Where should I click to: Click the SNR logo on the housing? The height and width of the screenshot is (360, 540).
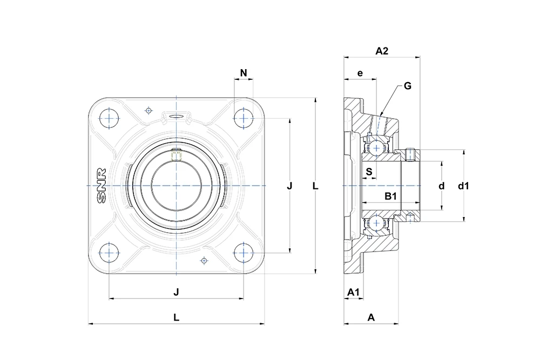[102, 186]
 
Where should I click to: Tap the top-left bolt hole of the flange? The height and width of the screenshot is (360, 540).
[109, 118]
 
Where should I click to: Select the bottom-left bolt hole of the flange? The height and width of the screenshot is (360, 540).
[109, 253]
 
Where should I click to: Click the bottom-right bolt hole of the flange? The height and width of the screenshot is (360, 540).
[244, 253]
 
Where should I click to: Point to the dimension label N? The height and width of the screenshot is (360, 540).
[244, 73]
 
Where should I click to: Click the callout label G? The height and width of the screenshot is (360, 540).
[407, 86]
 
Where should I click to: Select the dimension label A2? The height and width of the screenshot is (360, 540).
[382, 51]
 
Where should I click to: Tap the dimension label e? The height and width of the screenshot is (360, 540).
[360, 73]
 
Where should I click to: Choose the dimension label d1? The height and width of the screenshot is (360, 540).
[463, 186]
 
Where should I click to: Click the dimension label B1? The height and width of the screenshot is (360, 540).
[390, 196]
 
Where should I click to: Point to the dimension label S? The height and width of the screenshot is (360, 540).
[369, 172]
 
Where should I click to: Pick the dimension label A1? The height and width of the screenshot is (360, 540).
[353, 292]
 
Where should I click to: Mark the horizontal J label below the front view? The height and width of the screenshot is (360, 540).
[177, 292]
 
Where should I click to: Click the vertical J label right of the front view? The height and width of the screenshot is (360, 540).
[289, 186]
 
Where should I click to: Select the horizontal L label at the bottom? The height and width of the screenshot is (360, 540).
[177, 317]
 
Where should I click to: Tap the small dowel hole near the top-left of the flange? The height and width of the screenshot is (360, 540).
[149, 111]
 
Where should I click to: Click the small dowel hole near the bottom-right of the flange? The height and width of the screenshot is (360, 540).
[204, 261]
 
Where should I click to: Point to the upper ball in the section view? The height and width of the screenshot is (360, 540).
[376, 148]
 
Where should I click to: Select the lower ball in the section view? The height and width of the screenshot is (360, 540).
[376, 223]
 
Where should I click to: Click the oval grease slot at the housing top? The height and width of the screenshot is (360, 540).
[177, 116]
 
